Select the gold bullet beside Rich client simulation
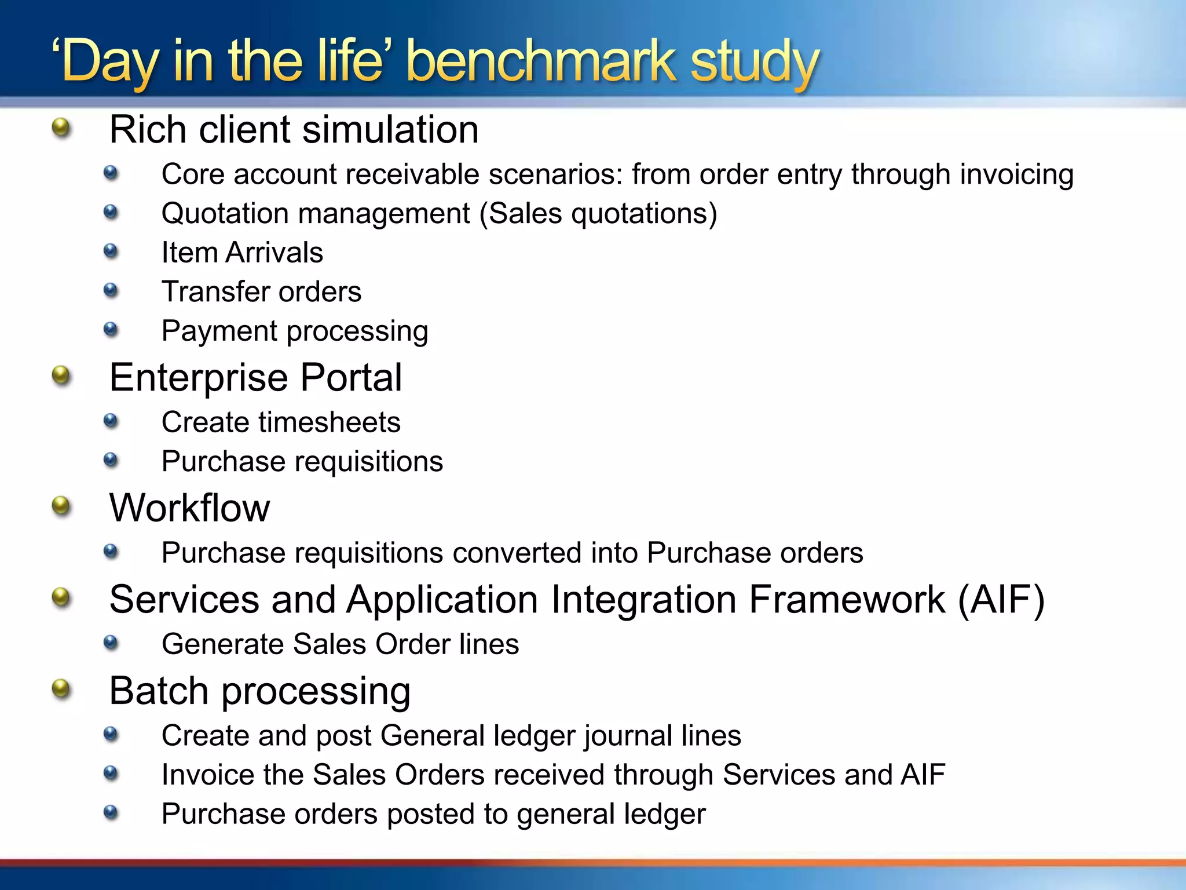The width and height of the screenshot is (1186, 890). coord(61,127)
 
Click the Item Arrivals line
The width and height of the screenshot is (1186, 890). coord(242,253)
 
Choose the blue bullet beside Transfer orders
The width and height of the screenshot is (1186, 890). coord(111,290)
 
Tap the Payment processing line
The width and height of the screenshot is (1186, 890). coord(295,331)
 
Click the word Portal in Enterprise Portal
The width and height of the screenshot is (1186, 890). coord(351,377)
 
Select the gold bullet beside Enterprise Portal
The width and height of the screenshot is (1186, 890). coord(61,376)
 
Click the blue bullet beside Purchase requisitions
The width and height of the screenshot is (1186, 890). coord(111,460)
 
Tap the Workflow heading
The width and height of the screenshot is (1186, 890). coord(189,508)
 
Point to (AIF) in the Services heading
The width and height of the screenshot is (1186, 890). coord(1001,599)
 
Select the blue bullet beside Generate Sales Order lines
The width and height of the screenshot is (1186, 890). coord(111,643)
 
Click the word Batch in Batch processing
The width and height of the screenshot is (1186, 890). coord(159,691)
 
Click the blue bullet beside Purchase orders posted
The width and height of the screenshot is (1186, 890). coord(111,812)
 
